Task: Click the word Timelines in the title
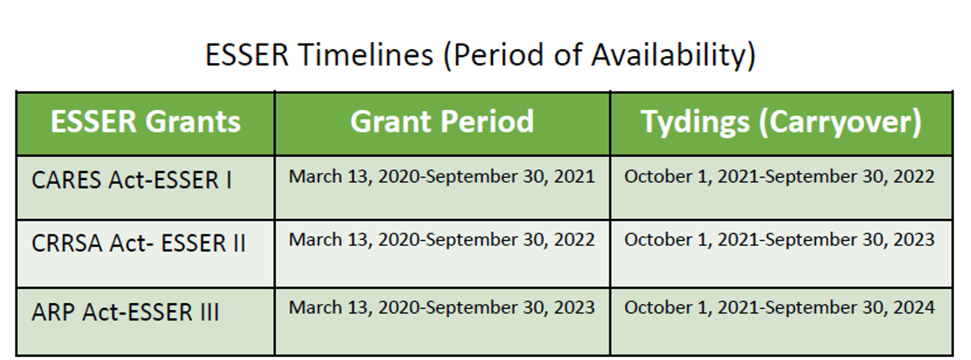pyautogui.click(x=365, y=55)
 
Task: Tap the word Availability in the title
pyautogui.click(x=673, y=56)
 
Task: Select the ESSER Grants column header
pyautogui.click(x=146, y=122)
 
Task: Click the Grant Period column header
pyautogui.click(x=442, y=122)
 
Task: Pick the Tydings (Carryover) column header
pyautogui.click(x=781, y=123)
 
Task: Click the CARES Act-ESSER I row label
pyautogui.click(x=132, y=180)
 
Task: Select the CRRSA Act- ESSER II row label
pyautogui.click(x=139, y=243)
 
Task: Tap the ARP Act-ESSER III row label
pyautogui.click(x=125, y=312)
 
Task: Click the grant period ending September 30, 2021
pyautogui.click(x=442, y=177)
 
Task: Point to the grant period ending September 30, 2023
pyautogui.click(x=442, y=308)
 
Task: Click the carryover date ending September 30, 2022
pyautogui.click(x=779, y=177)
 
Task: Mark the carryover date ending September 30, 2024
pyautogui.click(x=779, y=308)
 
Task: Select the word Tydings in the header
pyautogui.click(x=695, y=123)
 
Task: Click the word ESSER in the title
pyautogui.click(x=247, y=55)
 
